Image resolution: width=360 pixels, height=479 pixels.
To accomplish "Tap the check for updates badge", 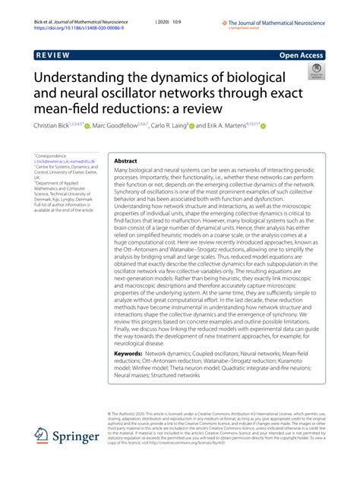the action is (x=314, y=73).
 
